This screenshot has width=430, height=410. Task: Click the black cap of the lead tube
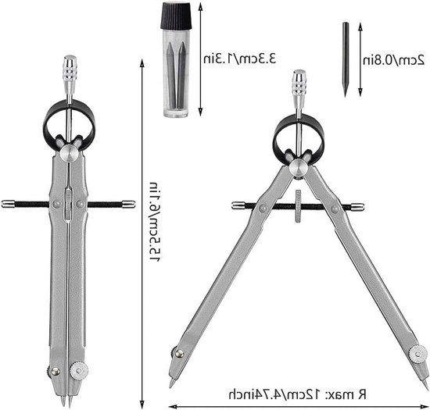coord(176,15)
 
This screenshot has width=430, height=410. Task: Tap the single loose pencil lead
coord(346,59)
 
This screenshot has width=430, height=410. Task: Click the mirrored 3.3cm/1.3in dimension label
coord(240,59)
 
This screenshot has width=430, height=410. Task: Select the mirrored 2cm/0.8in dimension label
coord(394,60)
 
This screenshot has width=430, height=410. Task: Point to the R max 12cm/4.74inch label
coord(298,394)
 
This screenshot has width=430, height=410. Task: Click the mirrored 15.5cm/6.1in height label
coord(154,222)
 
